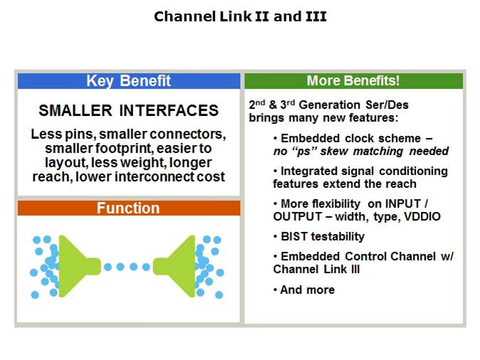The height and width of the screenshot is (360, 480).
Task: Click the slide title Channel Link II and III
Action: [240, 16]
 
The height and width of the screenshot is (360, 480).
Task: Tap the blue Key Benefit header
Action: [128, 80]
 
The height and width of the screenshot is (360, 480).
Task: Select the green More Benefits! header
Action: [353, 80]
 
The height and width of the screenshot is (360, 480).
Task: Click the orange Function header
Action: [128, 208]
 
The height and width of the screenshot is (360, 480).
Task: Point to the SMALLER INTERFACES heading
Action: [128, 111]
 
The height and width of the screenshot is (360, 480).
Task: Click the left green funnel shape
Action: [77, 267]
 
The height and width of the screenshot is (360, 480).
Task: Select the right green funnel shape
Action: [178, 267]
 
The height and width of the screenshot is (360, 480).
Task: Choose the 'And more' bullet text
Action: [307, 290]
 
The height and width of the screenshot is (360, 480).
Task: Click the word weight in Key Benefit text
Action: [144, 162]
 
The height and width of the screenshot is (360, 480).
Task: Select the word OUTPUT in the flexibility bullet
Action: [296, 216]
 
